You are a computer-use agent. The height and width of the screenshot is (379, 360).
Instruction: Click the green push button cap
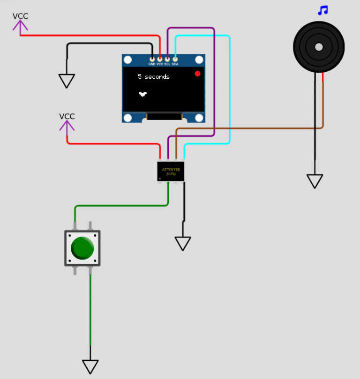(x=82, y=248)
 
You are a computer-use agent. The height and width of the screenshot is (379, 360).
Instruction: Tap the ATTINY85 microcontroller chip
(x=171, y=171)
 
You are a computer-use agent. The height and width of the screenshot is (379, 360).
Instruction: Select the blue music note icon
(x=323, y=10)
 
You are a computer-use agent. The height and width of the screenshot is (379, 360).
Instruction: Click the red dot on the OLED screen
(x=197, y=74)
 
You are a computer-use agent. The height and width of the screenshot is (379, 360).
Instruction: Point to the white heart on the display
(x=142, y=94)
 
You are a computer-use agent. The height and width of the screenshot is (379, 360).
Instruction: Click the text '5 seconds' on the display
(x=154, y=77)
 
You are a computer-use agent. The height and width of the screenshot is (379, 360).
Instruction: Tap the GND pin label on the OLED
(x=151, y=64)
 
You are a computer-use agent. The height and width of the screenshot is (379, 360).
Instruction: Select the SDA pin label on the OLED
(x=175, y=64)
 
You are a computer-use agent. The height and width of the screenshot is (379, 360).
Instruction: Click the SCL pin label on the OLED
(x=167, y=64)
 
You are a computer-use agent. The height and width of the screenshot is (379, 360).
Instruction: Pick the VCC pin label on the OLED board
(x=160, y=64)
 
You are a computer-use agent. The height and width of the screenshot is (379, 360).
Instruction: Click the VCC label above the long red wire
(x=20, y=16)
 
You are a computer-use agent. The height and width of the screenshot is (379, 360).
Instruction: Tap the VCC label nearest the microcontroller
(x=67, y=116)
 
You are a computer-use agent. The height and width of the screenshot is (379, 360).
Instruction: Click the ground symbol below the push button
(x=90, y=367)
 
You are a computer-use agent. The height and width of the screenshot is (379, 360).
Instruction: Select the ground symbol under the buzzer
(x=315, y=181)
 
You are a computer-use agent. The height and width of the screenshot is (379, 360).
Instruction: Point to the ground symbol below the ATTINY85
(x=183, y=244)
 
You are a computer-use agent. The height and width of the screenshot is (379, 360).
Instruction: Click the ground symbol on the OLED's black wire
(x=67, y=81)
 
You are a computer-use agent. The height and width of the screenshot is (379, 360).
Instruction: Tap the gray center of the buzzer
(x=319, y=47)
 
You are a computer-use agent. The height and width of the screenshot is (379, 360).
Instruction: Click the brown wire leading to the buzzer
(x=249, y=128)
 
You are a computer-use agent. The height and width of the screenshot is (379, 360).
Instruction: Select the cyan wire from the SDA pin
(x=230, y=89)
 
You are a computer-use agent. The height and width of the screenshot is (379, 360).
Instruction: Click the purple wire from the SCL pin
(x=214, y=82)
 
